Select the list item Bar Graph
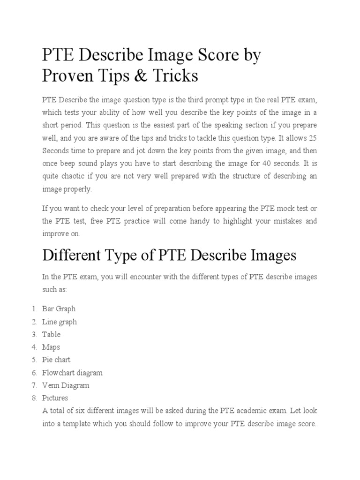click(59, 309)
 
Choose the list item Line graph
click(60, 322)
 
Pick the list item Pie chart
click(56, 360)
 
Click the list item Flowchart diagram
click(72, 373)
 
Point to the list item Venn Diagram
click(66, 385)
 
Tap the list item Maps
click(51, 347)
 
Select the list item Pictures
click(55, 398)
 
